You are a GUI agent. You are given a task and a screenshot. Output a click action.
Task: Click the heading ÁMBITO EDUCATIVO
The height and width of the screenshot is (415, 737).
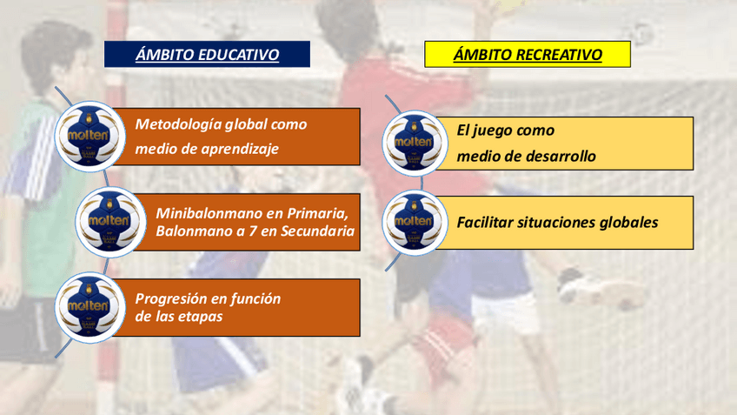click(x=207, y=54)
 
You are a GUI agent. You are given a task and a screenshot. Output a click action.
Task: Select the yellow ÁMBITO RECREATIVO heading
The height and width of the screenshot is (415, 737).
click(x=528, y=54)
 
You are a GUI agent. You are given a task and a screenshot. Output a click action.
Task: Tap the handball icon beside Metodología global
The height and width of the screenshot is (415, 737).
click(x=90, y=137)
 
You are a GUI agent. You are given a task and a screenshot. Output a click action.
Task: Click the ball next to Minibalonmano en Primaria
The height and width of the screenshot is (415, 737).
click(x=110, y=222)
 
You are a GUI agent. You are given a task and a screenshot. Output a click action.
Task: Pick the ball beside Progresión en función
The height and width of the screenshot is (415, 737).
click(x=90, y=308)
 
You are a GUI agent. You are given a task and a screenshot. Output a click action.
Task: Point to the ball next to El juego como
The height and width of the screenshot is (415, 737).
click(x=415, y=143)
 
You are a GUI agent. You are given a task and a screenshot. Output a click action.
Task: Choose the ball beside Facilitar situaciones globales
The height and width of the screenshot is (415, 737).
click(x=415, y=223)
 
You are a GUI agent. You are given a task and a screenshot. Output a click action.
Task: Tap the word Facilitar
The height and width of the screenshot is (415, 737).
click(x=485, y=222)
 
